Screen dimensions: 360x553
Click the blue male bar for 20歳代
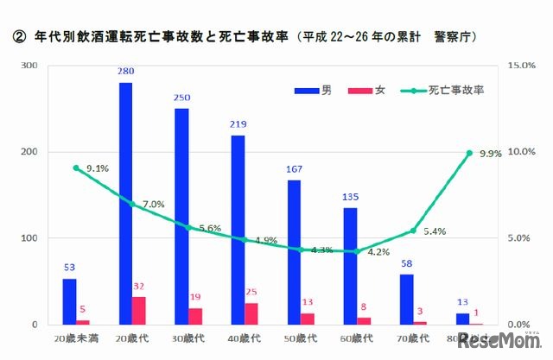(125, 204)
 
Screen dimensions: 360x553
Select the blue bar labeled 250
(181, 217)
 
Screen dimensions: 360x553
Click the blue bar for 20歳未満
(69, 301)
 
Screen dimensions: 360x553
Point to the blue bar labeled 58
(407, 300)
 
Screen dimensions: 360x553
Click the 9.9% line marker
(470, 153)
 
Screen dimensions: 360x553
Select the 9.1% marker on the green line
(76, 167)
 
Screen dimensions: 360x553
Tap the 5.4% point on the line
(413, 231)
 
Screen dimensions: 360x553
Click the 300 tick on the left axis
(29, 66)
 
